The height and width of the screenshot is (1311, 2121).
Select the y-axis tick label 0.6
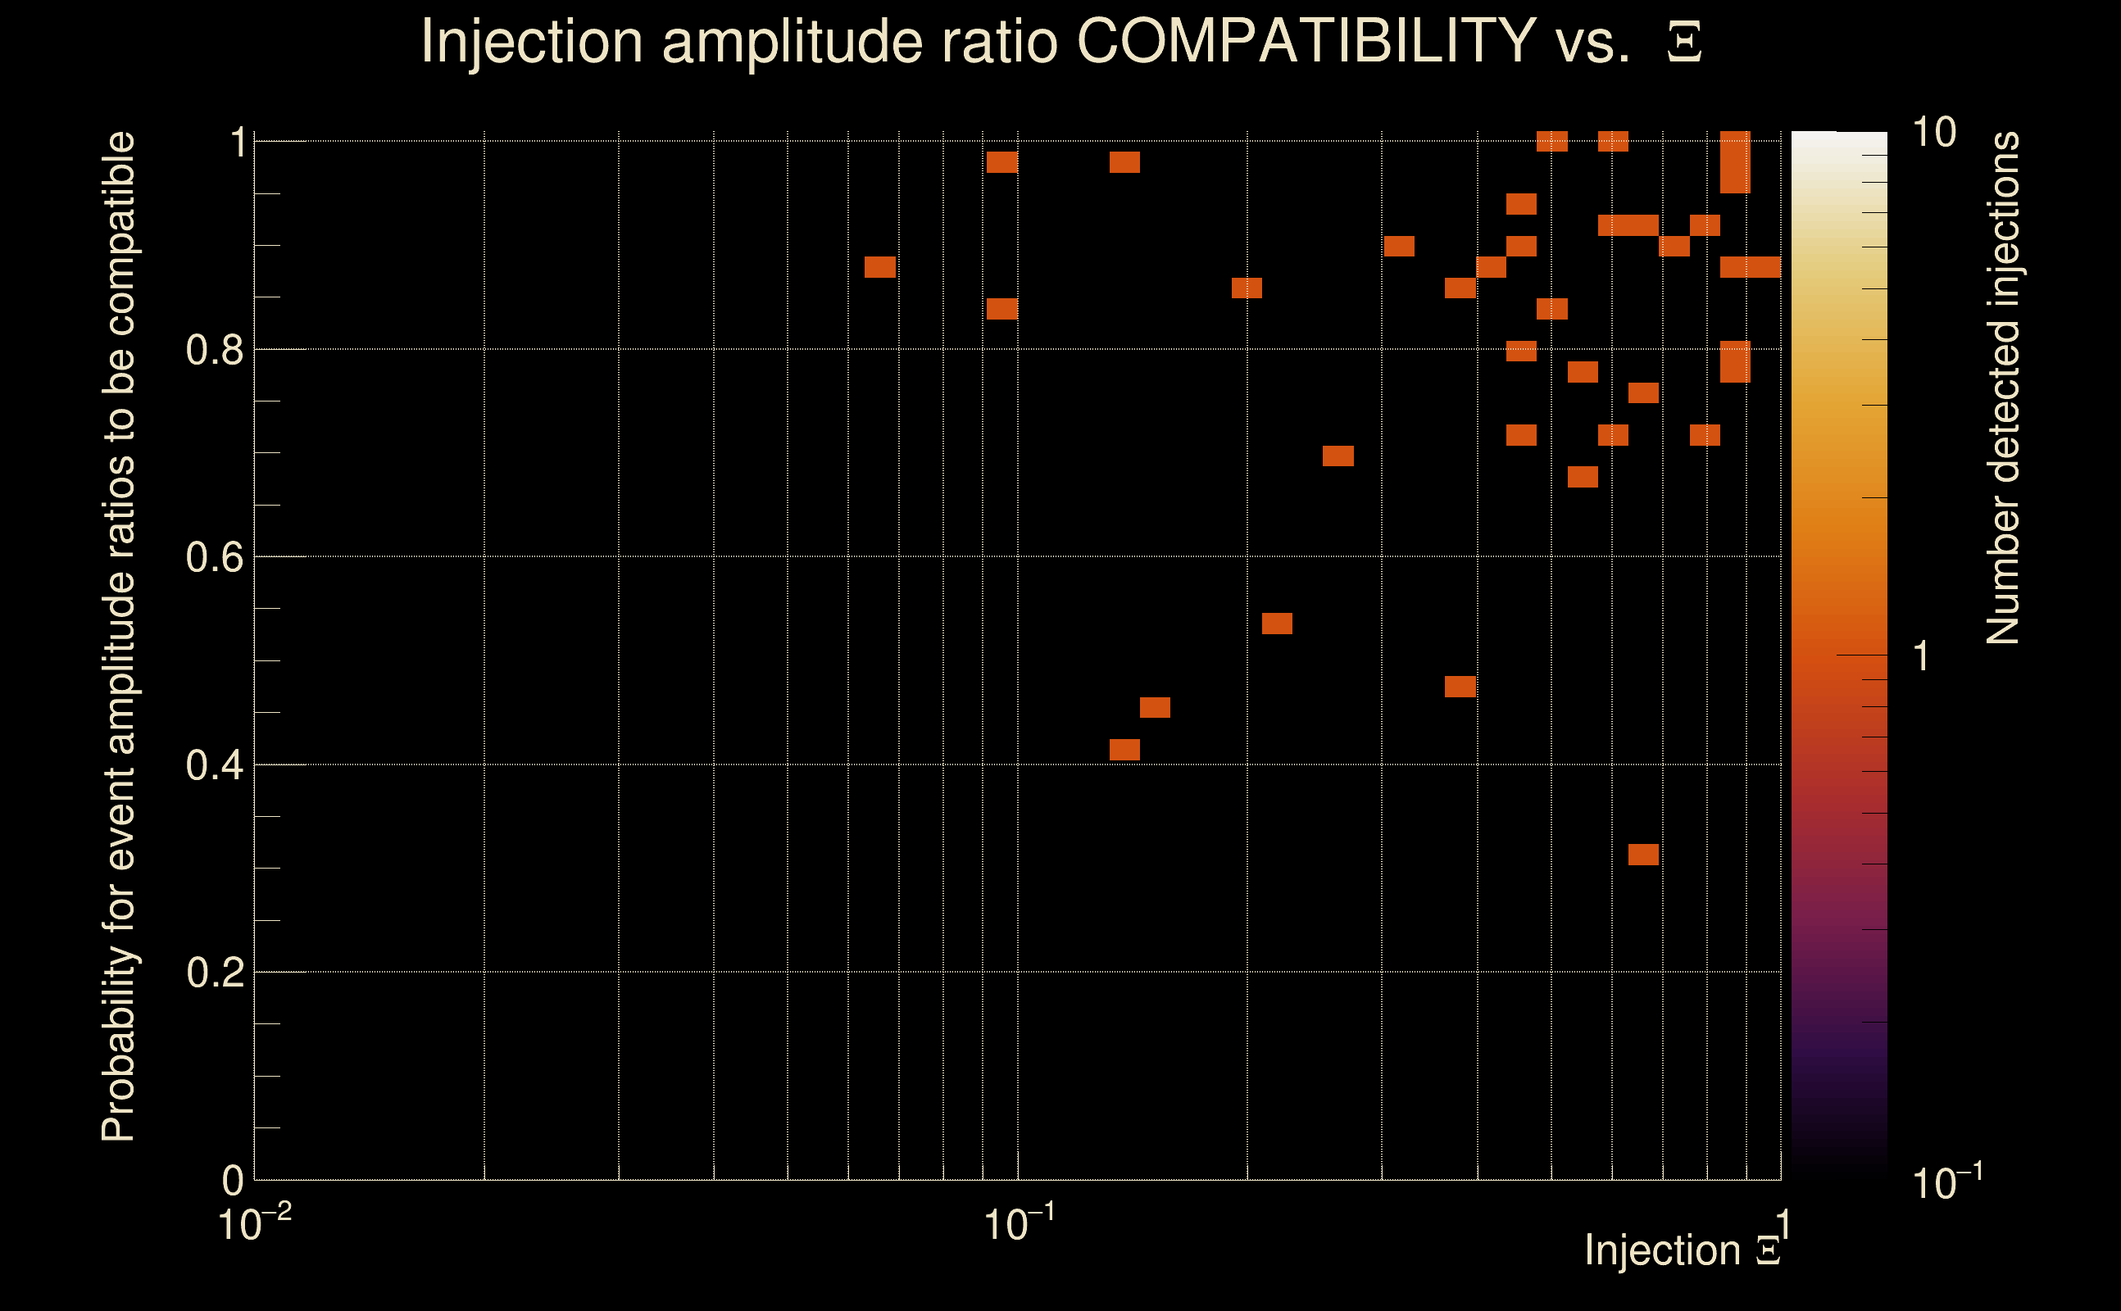pos(215,556)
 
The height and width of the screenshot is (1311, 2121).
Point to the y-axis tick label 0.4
pos(215,764)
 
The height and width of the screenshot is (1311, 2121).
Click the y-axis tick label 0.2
pos(215,972)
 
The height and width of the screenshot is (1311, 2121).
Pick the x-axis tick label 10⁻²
pos(253,1224)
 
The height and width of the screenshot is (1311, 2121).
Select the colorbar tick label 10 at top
pos(1933,133)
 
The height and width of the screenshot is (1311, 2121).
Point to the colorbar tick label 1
pos(1922,656)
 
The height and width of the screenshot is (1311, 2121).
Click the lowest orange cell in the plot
pos(1643,855)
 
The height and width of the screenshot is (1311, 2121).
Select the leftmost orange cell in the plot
pos(880,267)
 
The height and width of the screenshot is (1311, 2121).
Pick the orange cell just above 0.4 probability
pos(1124,750)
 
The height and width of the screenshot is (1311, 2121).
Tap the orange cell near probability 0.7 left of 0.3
pos(1338,456)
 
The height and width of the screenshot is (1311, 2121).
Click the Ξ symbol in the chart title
pos(1684,42)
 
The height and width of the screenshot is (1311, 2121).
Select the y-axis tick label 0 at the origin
pos(233,1180)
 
